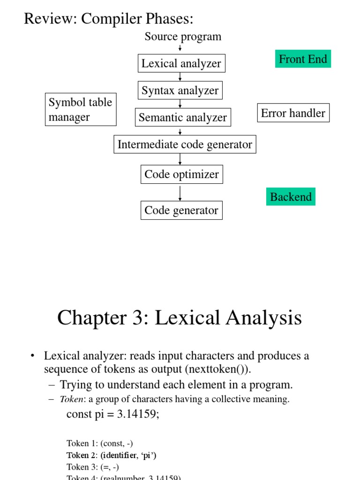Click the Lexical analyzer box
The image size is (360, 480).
pos(181,63)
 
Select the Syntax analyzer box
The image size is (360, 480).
pos(180,90)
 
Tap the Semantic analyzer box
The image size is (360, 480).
pos(182,117)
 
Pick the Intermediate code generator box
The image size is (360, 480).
pos(185,144)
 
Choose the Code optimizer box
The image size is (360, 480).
pos(181,174)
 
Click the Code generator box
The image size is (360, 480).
pos(181,210)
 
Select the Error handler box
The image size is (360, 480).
pos(293,113)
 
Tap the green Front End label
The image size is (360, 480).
pos(303,59)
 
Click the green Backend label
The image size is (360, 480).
pos(291,197)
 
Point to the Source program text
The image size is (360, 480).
pos(183,37)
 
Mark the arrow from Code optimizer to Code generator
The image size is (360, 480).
pos(180,193)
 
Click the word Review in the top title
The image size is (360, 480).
pos(49,19)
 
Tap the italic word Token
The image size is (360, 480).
pos(68,399)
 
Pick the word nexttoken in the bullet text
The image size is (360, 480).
pos(208,369)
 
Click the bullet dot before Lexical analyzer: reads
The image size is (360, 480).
pos(32,356)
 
